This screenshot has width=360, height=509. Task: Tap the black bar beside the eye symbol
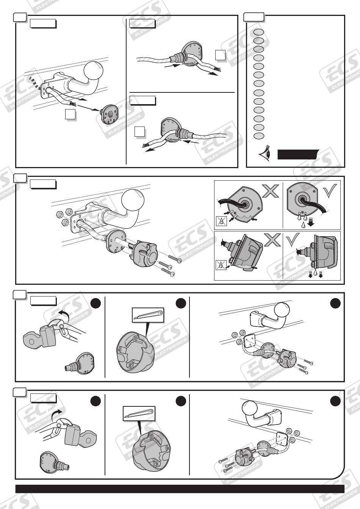[298, 155]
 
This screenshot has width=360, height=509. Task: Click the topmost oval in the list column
[258, 33]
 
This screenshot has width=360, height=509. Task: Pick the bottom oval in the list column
[258, 136]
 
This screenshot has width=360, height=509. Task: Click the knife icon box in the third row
[148, 315]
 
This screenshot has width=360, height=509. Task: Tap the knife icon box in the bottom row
[139, 413]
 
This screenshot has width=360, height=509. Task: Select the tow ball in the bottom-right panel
[249, 409]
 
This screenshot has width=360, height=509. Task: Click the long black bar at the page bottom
[180, 489]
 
